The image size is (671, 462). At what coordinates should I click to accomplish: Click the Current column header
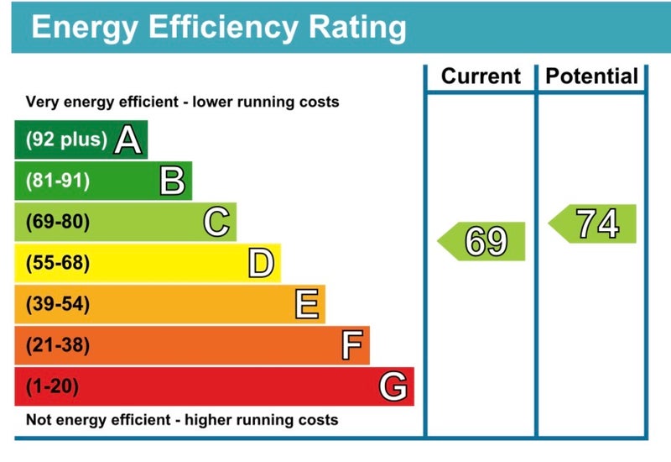[x=481, y=76]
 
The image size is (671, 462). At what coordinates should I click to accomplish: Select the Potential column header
[x=591, y=76]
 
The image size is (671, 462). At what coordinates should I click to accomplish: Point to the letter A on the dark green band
[x=127, y=140]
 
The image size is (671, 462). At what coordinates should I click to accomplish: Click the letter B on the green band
[x=172, y=181]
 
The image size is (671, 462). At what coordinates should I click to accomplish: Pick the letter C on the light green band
[x=216, y=222]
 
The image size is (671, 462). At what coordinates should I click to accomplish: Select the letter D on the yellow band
[x=261, y=264]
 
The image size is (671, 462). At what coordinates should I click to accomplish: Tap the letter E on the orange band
[x=306, y=304]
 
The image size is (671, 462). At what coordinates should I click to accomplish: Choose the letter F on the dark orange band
[x=352, y=345]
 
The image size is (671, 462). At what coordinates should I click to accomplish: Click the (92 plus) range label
[x=66, y=140]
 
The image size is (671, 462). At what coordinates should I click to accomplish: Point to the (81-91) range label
[x=58, y=181]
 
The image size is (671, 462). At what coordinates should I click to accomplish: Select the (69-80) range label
[x=58, y=222]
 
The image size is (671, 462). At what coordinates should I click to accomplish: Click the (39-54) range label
[x=58, y=304]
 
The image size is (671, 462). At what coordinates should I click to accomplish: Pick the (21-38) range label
[x=58, y=345]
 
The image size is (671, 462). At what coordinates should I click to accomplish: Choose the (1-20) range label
[x=53, y=386]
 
